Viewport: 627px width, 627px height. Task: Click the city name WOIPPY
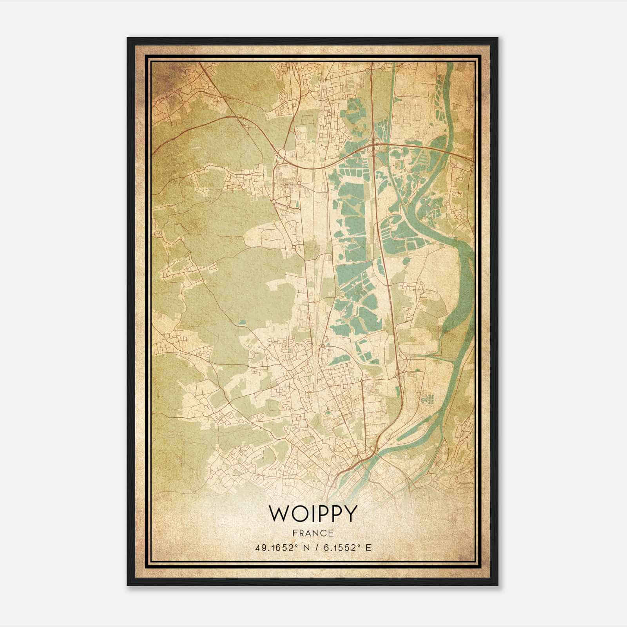tap(313, 514)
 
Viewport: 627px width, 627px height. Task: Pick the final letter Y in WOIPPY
tap(350, 514)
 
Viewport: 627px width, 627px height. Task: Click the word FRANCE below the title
tap(313, 533)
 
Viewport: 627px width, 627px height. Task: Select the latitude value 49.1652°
tap(276, 548)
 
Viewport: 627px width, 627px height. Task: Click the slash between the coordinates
tap(319, 548)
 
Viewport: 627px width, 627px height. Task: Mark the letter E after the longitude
tap(368, 548)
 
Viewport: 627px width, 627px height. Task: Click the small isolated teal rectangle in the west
tap(243, 323)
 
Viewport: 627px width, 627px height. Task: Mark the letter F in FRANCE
tap(295, 533)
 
